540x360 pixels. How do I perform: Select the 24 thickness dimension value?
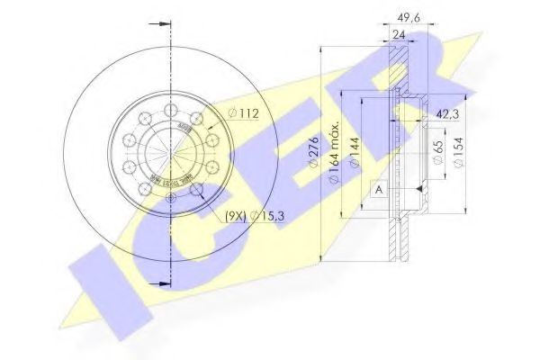[x=398, y=35]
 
